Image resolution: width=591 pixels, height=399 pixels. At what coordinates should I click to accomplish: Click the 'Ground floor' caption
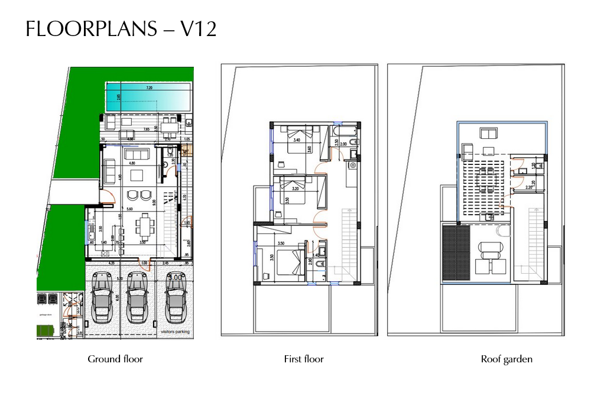click(x=115, y=359)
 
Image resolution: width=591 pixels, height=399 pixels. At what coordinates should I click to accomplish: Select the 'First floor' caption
click(x=304, y=359)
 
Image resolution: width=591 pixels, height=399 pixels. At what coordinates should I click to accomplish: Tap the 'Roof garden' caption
click(x=506, y=359)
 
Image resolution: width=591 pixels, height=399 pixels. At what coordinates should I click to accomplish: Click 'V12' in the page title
click(x=197, y=29)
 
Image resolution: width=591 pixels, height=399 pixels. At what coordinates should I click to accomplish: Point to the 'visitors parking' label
click(x=175, y=332)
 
